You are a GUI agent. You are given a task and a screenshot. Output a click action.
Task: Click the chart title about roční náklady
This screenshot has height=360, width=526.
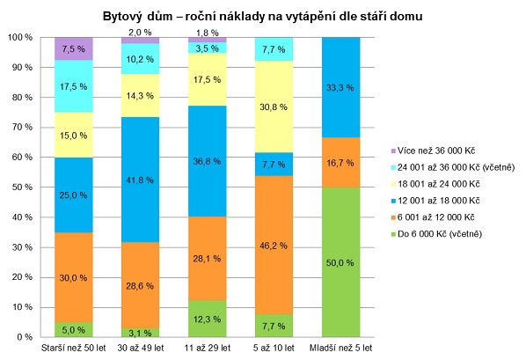[263, 16]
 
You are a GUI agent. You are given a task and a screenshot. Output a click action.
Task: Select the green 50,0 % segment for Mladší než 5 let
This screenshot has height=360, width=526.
[340, 261]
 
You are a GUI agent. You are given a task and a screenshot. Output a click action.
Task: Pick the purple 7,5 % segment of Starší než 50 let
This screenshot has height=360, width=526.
[74, 49]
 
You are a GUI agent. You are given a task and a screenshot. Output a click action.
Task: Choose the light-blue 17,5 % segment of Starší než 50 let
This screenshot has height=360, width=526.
[74, 86]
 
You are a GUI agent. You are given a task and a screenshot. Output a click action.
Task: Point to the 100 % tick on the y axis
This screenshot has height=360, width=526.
[21, 38]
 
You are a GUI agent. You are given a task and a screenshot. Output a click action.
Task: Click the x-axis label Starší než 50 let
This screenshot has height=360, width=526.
[74, 349]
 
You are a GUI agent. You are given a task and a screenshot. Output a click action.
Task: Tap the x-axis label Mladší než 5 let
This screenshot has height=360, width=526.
[340, 349]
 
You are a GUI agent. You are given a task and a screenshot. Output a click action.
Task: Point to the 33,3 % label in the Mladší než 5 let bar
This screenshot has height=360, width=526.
[340, 87]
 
